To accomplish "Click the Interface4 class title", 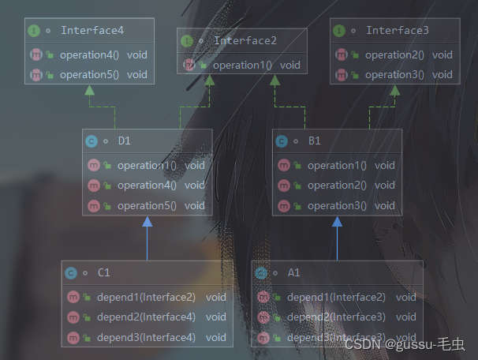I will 92,32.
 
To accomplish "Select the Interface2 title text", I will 245,40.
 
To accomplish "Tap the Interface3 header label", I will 398,31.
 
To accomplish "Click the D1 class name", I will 124,141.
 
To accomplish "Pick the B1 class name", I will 314,141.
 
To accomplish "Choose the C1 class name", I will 103,272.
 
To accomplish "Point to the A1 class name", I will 293,272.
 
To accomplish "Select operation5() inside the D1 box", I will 147,205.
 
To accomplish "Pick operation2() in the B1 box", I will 337,185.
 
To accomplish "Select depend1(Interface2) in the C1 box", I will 146,297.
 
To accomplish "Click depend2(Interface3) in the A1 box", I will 336,317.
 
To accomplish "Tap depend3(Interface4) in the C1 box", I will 146,337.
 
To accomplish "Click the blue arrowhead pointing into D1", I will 148,223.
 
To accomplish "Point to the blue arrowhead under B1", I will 337,223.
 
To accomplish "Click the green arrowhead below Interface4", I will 89,90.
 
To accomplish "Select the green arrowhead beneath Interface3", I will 394,90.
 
